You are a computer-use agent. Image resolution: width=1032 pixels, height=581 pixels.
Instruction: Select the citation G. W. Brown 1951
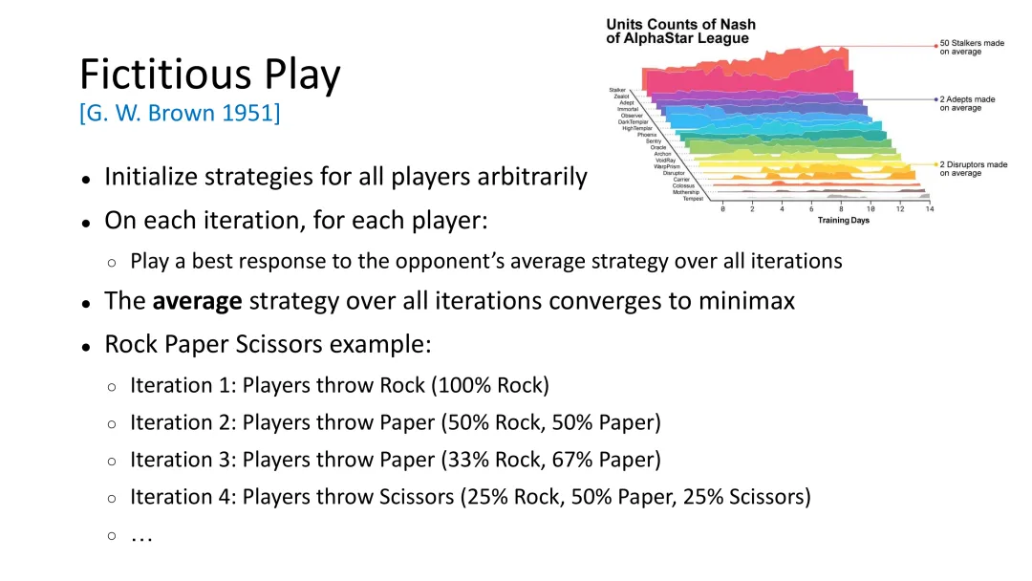click(x=180, y=113)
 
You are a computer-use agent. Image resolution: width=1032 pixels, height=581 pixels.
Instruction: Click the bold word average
click(x=197, y=301)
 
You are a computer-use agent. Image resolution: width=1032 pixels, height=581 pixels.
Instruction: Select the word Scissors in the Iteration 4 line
click(x=417, y=497)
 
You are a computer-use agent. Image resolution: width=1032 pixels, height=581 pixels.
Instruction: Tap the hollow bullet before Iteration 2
click(x=112, y=423)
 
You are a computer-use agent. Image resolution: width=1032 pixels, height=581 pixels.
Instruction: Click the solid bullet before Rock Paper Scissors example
click(x=86, y=347)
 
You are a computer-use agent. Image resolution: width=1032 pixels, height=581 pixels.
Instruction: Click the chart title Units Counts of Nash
click(x=680, y=24)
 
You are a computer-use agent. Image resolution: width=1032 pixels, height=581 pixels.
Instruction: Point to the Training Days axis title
click(x=843, y=221)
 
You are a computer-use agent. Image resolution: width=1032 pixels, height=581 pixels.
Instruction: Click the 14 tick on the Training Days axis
click(x=930, y=209)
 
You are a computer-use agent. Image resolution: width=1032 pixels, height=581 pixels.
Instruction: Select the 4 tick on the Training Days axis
click(x=782, y=209)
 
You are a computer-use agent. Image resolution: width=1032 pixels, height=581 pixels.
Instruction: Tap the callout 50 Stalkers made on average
click(x=972, y=48)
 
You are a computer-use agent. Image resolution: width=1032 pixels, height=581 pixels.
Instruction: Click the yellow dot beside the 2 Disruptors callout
click(x=935, y=164)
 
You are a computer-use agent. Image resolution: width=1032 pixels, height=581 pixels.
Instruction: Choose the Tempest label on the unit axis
click(x=693, y=199)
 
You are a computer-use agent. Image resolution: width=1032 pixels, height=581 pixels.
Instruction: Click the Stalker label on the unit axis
click(x=617, y=90)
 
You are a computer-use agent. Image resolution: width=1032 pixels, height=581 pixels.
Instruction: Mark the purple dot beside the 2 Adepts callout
click(x=935, y=99)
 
